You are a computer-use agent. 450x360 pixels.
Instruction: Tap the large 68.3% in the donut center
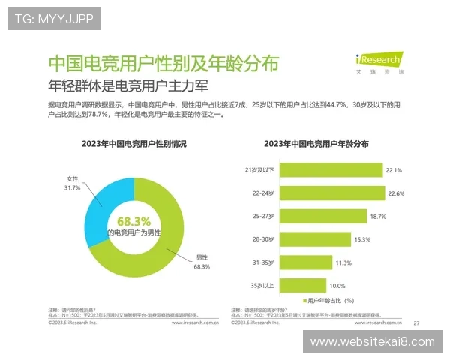pyautogui.click(x=134, y=221)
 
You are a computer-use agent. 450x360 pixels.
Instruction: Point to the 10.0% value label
pyautogui.click(x=338, y=286)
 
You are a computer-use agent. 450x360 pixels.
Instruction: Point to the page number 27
pyautogui.click(x=416, y=322)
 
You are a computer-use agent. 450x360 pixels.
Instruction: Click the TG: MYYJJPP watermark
pyautogui.click(x=53, y=19)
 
